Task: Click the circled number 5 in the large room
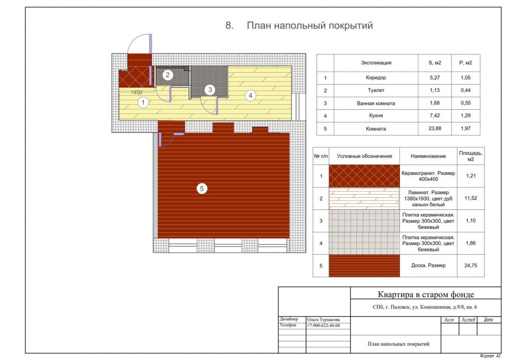[202, 189]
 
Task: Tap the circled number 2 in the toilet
[167, 75]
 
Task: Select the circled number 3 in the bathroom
[210, 90]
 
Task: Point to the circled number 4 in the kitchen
[250, 96]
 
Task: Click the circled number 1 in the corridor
[143, 102]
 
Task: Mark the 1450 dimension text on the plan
[136, 92]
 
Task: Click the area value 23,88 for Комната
[435, 128]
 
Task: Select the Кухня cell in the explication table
[376, 116]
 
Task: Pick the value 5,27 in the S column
[435, 78]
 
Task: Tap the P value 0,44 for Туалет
[465, 90]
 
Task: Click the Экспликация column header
[376, 63]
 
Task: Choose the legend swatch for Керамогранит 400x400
[364, 176]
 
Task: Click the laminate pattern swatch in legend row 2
[364, 198]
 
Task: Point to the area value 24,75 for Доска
[471, 265]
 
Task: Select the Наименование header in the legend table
[428, 156]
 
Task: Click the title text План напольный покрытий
[310, 25]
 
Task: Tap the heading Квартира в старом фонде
[426, 294]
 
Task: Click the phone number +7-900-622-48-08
[323, 325]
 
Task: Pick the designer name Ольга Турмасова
[323, 320]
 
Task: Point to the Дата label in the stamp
[488, 320]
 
